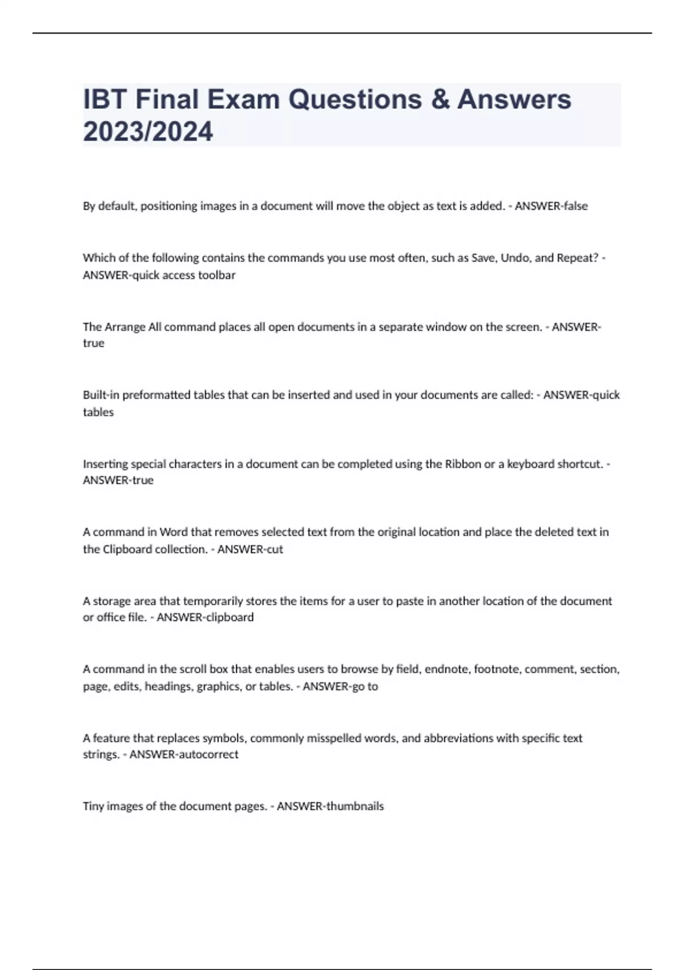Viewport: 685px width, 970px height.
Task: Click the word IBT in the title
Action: pyautogui.click(x=105, y=99)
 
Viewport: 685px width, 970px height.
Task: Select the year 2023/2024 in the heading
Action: pyautogui.click(x=148, y=131)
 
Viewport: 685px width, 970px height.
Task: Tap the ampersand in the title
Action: pyautogui.click(x=440, y=99)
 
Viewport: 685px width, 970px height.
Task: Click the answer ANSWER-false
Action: pyautogui.click(x=551, y=206)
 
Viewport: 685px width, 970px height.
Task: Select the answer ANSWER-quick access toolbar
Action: pyautogui.click(x=159, y=275)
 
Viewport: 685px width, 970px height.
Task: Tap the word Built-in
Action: pyautogui.click(x=101, y=395)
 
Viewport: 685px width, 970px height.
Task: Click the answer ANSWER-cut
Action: pyautogui.click(x=250, y=549)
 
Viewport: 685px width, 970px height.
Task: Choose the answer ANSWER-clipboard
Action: pyautogui.click(x=205, y=617)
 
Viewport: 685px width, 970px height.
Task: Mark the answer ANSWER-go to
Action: pyautogui.click(x=340, y=686)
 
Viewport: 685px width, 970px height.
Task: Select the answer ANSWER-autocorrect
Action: pyautogui.click(x=184, y=754)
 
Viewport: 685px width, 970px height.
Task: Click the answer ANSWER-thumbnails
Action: pyautogui.click(x=330, y=806)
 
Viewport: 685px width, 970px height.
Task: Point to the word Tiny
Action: pyautogui.click(x=93, y=806)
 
